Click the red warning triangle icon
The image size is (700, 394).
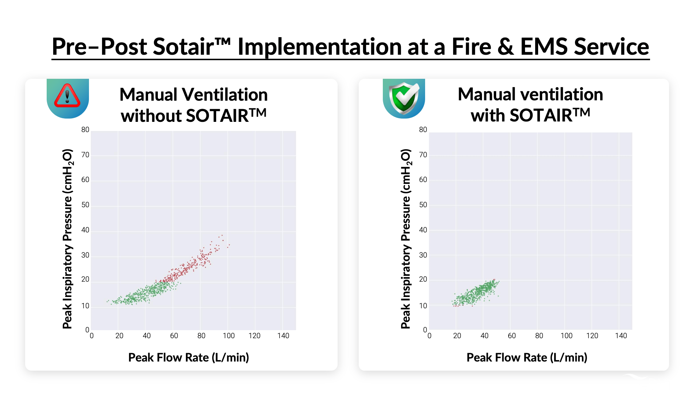pyautogui.click(x=67, y=96)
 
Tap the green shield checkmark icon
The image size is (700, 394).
pyautogui.click(x=404, y=98)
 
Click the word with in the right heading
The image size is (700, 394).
pyautogui.click(x=487, y=115)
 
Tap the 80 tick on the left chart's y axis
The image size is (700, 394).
pyautogui.click(x=85, y=130)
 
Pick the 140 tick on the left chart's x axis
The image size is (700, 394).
pyautogui.click(x=283, y=336)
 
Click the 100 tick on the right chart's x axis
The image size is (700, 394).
pyautogui.click(x=566, y=336)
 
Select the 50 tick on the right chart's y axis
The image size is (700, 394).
pyautogui.click(x=423, y=205)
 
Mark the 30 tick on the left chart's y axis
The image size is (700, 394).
pyautogui.click(x=85, y=255)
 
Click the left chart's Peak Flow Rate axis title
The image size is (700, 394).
pyautogui.click(x=188, y=358)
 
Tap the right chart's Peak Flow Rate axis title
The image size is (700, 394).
pyautogui.click(x=527, y=358)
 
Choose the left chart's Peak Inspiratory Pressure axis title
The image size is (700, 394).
pyautogui.click(x=67, y=239)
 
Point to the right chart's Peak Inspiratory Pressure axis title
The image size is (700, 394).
pyautogui.click(x=406, y=239)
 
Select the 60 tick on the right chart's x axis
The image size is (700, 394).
pyautogui.click(x=512, y=336)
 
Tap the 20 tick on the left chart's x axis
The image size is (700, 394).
pyautogui.click(x=119, y=336)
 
